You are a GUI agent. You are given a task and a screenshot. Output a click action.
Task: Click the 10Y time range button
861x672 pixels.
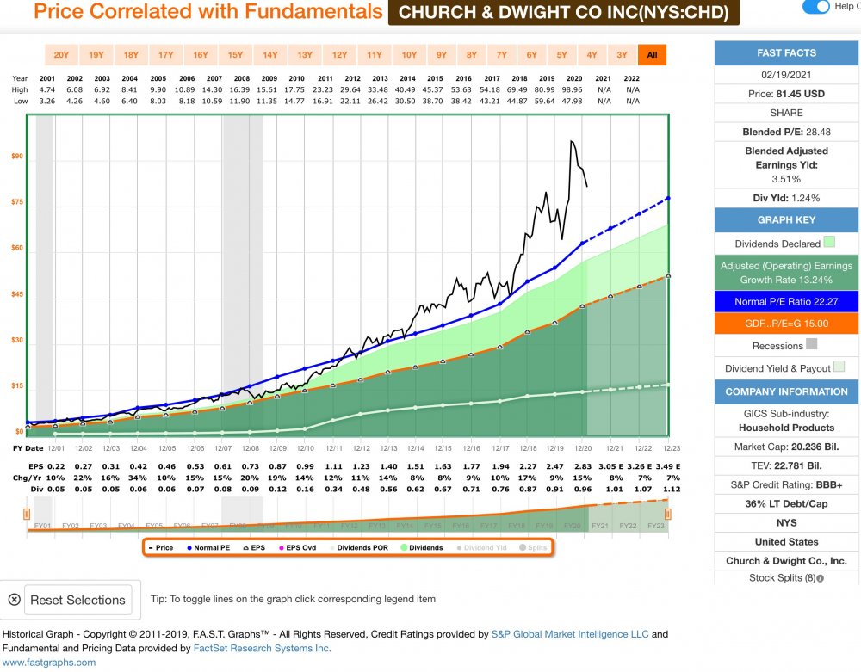click(409, 55)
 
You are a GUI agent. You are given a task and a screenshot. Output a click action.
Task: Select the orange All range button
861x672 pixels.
click(652, 55)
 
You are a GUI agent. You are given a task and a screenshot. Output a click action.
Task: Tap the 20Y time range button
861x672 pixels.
click(61, 55)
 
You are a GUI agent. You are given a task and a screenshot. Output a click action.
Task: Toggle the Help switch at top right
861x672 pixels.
click(815, 7)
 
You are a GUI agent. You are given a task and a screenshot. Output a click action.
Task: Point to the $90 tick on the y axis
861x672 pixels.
click(17, 157)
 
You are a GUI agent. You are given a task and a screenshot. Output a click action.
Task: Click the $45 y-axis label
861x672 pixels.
click(17, 294)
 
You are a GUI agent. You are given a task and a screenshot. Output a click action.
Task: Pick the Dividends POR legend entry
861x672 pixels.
click(366, 547)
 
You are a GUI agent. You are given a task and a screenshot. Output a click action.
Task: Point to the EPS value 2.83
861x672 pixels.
click(583, 467)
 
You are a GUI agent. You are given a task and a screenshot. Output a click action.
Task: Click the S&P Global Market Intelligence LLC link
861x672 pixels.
click(570, 634)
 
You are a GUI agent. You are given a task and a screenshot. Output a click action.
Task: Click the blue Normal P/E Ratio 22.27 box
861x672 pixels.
click(786, 301)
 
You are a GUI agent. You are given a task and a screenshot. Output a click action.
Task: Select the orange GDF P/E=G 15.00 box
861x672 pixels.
click(786, 324)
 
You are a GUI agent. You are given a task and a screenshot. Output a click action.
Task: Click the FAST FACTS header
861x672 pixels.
click(786, 53)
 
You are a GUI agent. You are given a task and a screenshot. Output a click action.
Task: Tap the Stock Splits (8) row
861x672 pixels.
click(786, 577)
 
